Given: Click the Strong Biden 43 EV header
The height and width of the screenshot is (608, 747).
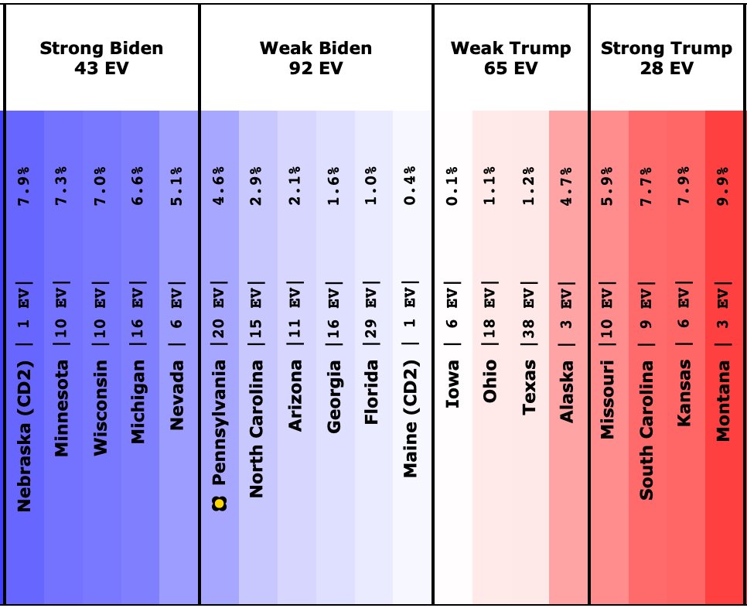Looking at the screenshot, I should (101, 58).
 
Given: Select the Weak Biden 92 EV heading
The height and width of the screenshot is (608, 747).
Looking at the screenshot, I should (316, 58).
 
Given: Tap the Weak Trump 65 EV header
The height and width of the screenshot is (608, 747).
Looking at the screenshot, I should (510, 58).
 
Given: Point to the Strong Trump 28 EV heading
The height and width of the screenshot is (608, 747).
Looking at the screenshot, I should (666, 58).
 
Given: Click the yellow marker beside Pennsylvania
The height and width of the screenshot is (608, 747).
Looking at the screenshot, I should (219, 504).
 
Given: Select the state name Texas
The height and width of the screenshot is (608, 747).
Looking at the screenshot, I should (529, 387).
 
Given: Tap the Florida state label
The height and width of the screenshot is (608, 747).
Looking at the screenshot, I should (373, 391).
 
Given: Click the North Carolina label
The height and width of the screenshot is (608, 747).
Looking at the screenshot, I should (257, 429).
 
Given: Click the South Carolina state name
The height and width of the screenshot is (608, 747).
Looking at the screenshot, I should (645, 429).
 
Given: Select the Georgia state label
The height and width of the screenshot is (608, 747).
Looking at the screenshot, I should (334, 387).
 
